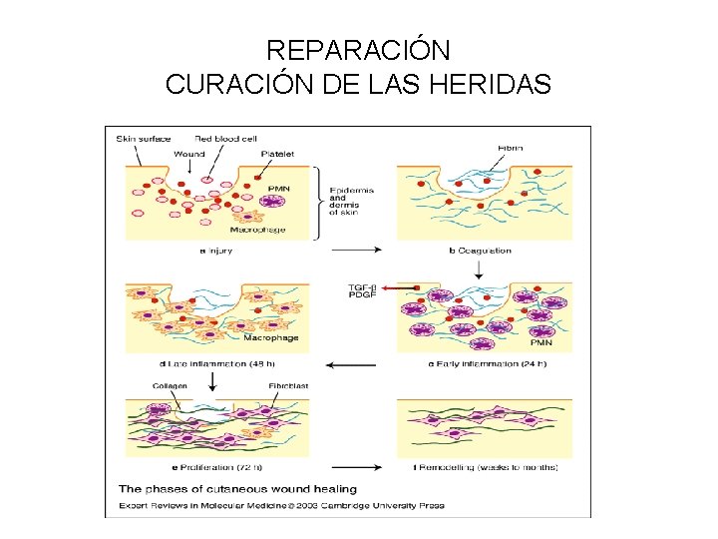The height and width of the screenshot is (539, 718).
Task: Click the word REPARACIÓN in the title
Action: point(359,50)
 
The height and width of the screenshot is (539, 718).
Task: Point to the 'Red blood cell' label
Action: point(226,138)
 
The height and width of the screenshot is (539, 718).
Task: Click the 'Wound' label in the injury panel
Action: point(189,154)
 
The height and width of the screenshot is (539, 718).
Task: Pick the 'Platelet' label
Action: point(277,154)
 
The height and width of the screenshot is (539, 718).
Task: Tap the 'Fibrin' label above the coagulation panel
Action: point(510,148)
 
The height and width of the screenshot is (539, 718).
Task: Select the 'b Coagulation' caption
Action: point(479,251)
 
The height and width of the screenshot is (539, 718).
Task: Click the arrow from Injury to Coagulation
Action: point(358,250)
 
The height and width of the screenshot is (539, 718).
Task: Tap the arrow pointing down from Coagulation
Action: point(479,269)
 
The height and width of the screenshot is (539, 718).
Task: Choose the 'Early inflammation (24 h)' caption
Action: point(488,363)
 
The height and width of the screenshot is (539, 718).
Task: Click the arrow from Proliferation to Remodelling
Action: point(358,466)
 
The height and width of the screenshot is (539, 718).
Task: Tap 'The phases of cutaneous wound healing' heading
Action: point(237,489)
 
